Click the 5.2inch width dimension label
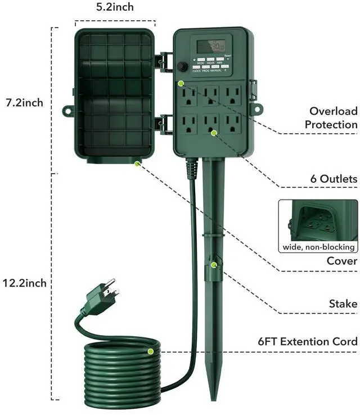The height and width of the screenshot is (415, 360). pyautogui.click(x=115, y=7)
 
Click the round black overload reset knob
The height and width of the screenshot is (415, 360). pyautogui.click(x=182, y=66)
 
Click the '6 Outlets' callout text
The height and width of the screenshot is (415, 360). pyautogui.click(x=334, y=179)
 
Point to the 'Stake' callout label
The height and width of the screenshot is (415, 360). pyautogui.click(x=343, y=304)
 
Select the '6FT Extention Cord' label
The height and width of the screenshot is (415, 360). pyautogui.click(x=308, y=341)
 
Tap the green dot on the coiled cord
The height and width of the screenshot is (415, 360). pyautogui.click(x=151, y=351)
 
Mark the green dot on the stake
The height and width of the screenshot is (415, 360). pyautogui.click(x=214, y=263)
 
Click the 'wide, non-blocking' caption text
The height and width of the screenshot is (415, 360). pyautogui.click(x=318, y=246)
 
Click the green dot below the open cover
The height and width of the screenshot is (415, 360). pyautogui.click(x=137, y=164)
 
